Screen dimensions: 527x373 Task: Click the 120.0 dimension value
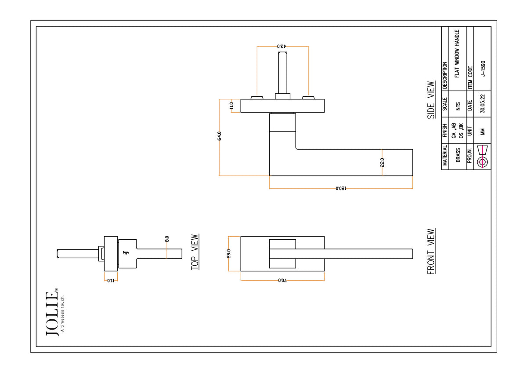pos(341,188)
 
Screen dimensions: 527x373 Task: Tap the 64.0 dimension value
pos(219,136)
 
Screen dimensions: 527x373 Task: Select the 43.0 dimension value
pos(282,46)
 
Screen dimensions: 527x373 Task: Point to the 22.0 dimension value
pos(382,162)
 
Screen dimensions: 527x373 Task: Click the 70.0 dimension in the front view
pos(282,280)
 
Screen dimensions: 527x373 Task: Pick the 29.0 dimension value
pos(228,253)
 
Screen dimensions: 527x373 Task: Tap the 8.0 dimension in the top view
pos(167,239)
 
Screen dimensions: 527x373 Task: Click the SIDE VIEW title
pos(431,100)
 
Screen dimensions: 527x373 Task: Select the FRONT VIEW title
pos(431,251)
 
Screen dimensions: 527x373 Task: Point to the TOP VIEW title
pos(195,252)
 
